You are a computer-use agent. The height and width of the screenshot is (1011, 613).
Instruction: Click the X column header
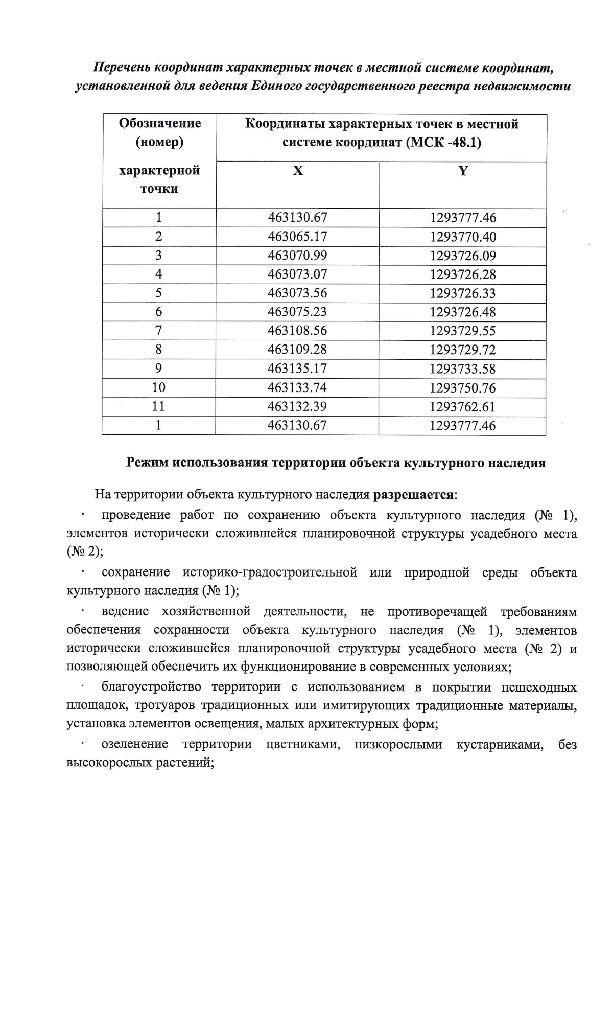tap(298, 171)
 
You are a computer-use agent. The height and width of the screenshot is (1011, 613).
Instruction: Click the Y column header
tap(463, 171)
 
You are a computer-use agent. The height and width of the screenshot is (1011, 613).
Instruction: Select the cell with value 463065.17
tap(297, 237)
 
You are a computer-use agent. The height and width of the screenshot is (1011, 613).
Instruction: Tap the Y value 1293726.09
tap(463, 256)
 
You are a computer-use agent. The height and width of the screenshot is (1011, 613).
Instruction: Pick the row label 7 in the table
tap(159, 331)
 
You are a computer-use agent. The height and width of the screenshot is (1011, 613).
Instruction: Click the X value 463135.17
tap(297, 369)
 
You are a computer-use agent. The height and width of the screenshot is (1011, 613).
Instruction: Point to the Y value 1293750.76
tap(463, 388)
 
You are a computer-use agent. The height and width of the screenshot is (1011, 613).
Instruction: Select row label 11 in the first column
tap(159, 406)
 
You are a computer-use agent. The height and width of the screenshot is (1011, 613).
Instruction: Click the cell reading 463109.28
tap(297, 350)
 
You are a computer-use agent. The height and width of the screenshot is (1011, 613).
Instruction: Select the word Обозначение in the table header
tap(160, 123)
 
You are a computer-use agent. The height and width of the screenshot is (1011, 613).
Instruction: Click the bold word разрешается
tap(414, 495)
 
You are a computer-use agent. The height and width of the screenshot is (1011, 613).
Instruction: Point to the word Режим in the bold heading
tap(147, 463)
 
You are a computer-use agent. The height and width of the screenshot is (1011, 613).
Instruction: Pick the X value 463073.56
tap(297, 293)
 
